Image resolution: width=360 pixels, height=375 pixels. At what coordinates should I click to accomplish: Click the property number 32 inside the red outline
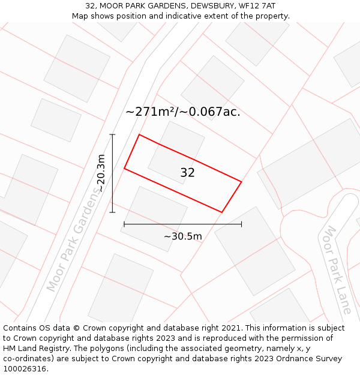(187, 173)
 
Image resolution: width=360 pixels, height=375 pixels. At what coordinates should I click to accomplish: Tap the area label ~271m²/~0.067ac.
(183, 112)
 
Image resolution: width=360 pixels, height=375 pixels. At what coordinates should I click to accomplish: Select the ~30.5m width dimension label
(183, 236)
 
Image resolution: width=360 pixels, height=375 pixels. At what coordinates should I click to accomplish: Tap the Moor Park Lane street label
(337, 269)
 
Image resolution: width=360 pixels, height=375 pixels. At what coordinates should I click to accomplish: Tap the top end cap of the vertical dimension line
(112, 134)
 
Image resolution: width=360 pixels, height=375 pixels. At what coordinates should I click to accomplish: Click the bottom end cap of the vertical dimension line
(112, 212)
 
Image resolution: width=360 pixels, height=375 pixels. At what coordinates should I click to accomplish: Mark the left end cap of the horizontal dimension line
(124, 224)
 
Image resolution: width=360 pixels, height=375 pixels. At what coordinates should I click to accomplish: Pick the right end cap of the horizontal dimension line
(241, 224)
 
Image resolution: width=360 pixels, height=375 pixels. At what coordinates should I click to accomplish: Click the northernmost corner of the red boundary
(139, 134)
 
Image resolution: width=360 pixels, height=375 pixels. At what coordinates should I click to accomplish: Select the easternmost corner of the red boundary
(241, 181)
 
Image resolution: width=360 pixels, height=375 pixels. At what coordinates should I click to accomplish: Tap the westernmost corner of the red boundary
(124, 169)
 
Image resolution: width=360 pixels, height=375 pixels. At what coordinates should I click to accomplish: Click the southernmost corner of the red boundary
(222, 212)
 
